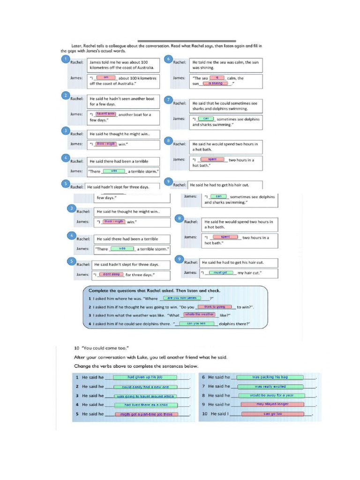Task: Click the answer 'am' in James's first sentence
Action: click(x=106, y=77)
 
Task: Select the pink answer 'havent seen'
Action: click(x=106, y=113)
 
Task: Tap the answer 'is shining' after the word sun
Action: click(x=216, y=83)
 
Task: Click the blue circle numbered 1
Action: click(x=66, y=59)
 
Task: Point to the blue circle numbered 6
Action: click(x=169, y=59)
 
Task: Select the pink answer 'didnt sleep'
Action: click(x=111, y=274)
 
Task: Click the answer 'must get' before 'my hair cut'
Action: click(x=220, y=272)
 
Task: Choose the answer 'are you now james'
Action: click(x=182, y=298)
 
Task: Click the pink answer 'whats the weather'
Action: click(x=199, y=315)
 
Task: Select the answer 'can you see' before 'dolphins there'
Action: click(x=196, y=323)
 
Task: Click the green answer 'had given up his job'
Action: click(x=145, y=377)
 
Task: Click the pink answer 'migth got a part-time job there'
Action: click(x=146, y=414)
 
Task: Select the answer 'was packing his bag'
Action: click(x=270, y=377)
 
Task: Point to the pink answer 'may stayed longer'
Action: click(x=272, y=404)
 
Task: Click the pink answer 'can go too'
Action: click(x=272, y=414)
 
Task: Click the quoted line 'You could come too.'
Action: click(x=102, y=348)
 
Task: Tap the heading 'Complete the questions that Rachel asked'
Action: click(x=154, y=290)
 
